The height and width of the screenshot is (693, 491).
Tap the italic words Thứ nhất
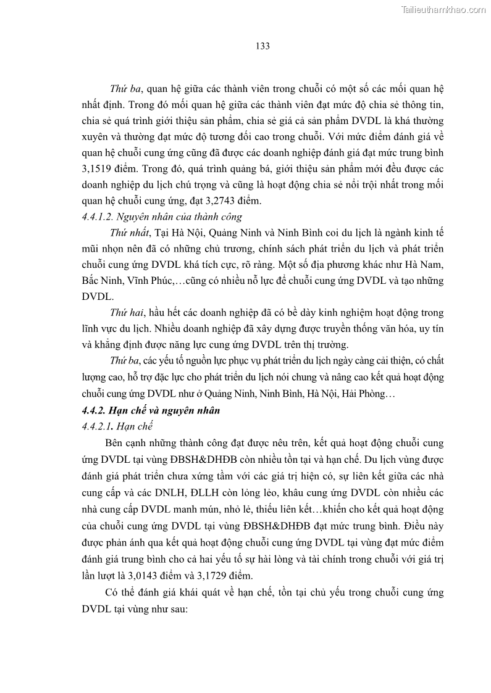coord(128,232)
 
